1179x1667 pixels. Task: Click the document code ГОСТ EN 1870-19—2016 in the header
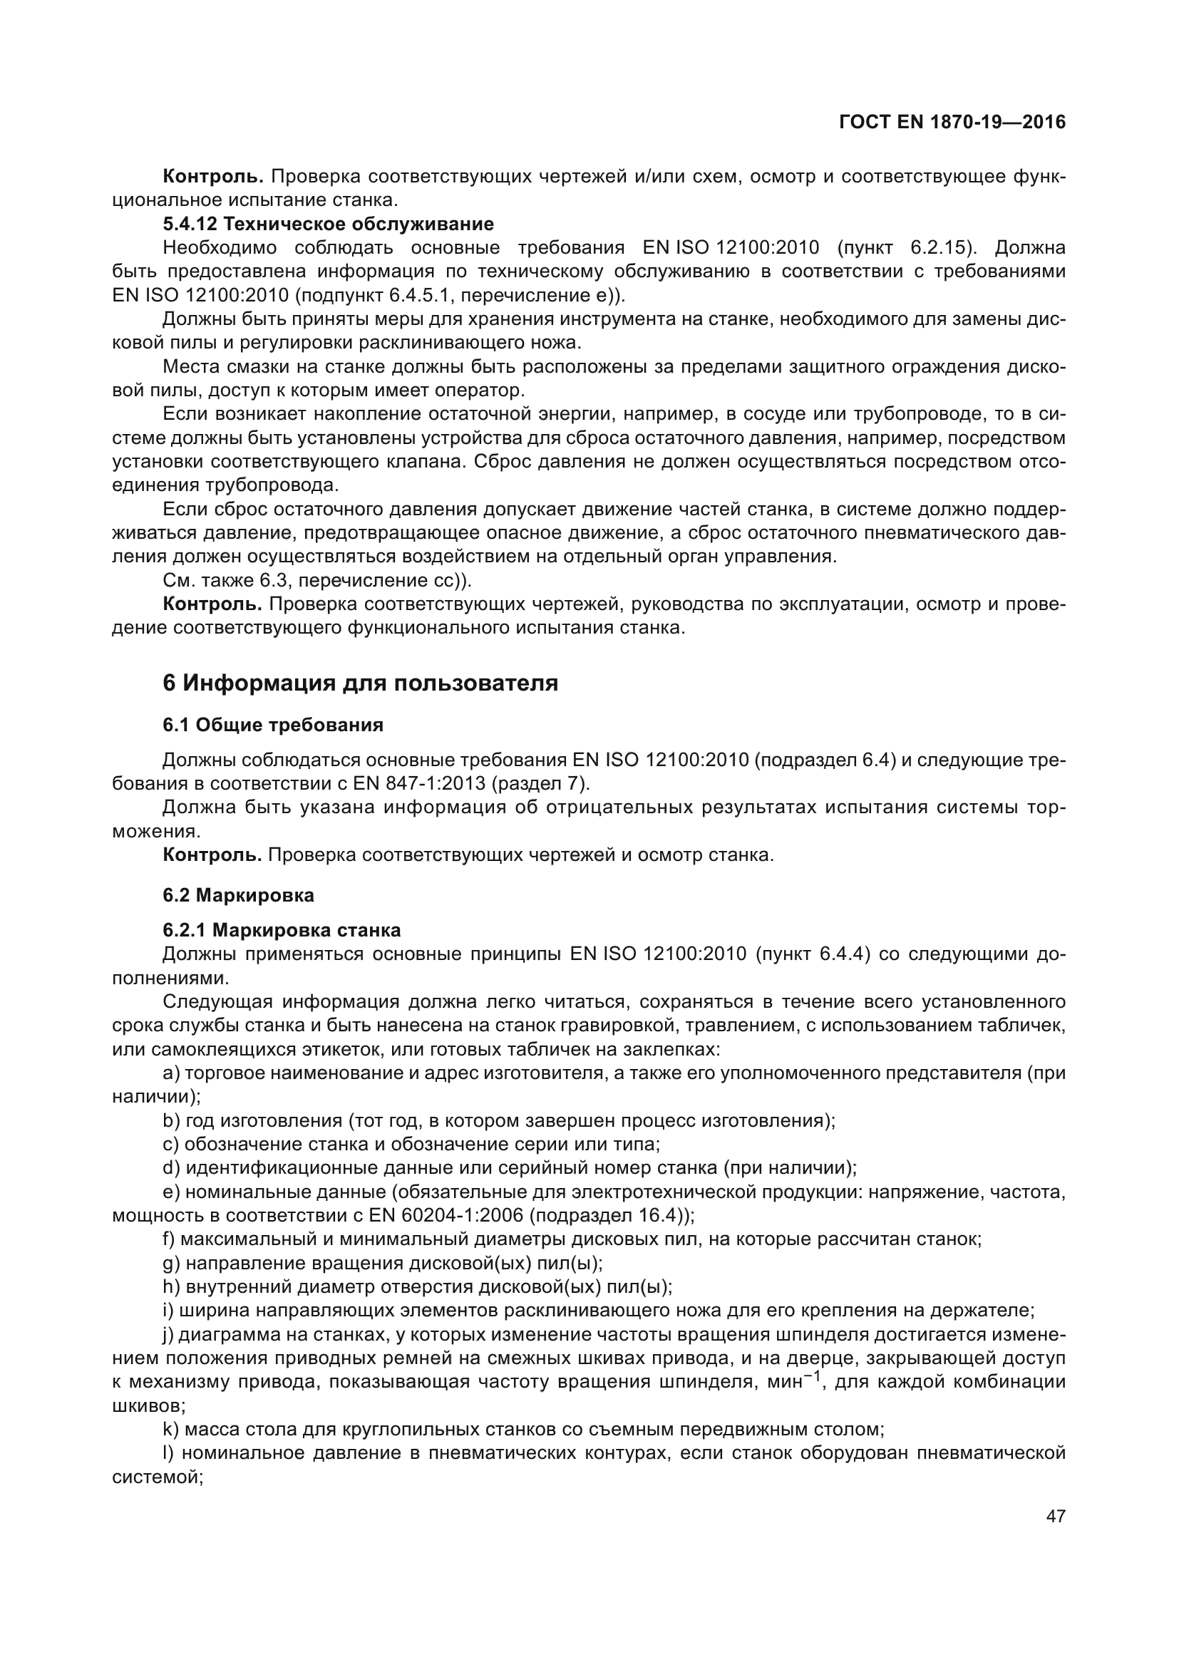pos(952,123)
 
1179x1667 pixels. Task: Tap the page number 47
pos(1056,1517)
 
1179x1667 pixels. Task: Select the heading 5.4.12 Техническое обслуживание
pos(327,224)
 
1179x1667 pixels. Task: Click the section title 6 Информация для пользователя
pos(360,683)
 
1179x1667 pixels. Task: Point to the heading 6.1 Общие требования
pos(272,725)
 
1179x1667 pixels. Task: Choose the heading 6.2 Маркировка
pos(238,895)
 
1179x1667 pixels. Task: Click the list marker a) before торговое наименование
pos(171,1073)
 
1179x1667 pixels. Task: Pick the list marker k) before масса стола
pos(170,1430)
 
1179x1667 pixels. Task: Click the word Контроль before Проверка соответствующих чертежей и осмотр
pos(212,855)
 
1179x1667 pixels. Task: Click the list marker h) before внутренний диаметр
pos(170,1286)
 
